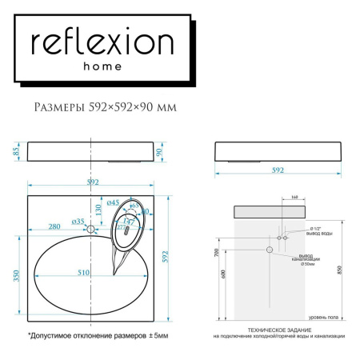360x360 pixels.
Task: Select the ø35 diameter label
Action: coord(78,220)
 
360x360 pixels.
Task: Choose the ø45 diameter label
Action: coord(113,202)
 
